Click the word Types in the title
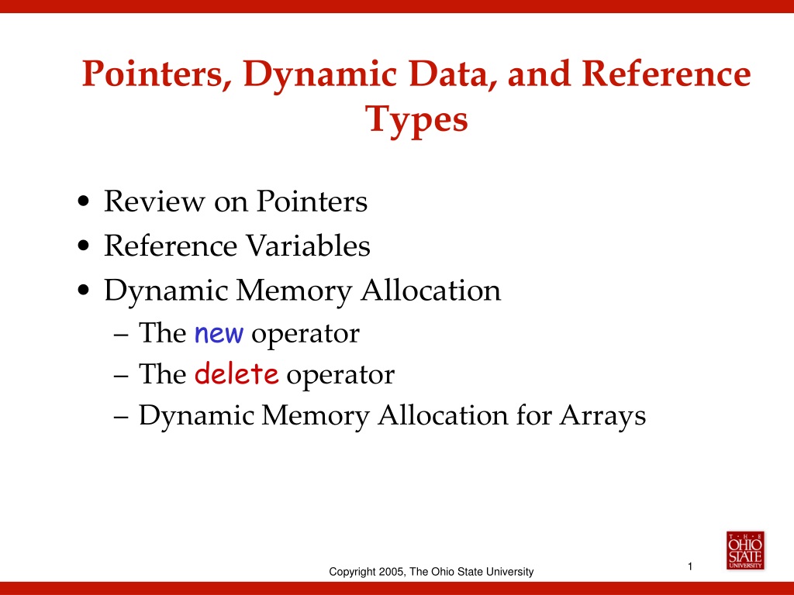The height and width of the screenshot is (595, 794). [416, 119]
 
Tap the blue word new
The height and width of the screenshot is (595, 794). [219, 335]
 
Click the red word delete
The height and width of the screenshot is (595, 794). [236, 374]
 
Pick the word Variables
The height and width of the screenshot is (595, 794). [309, 246]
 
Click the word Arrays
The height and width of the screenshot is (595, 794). [602, 417]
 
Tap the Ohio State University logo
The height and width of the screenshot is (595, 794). [745, 551]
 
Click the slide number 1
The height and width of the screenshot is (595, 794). [690, 566]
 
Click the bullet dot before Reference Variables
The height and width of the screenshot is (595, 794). [84, 246]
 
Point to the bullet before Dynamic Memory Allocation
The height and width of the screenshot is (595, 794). [84, 291]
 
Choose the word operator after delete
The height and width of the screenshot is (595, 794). [340, 376]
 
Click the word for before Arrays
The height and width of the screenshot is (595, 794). [533, 415]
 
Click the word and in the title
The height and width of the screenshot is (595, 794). [539, 74]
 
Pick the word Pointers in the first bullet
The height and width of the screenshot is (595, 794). [312, 201]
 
